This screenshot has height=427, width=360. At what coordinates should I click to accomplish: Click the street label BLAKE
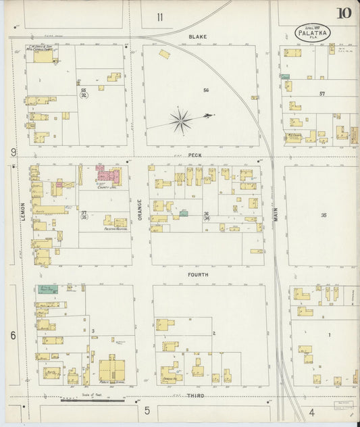pos(198,36)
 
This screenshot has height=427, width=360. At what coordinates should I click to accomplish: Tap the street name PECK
pos(195,155)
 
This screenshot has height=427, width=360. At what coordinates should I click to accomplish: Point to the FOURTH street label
pos(198,275)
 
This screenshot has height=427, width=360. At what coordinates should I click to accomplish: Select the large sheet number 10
pos(344,13)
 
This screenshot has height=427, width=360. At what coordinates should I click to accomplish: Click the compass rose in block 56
pos(181,122)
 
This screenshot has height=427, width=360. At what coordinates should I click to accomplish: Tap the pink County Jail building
pos(108,176)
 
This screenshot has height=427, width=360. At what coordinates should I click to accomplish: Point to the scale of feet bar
pos(93,401)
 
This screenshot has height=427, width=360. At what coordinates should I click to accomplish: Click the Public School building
pos(112,370)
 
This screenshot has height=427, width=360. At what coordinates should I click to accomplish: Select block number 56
pos(206,90)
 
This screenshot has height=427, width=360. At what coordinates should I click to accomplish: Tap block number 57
pos(322,94)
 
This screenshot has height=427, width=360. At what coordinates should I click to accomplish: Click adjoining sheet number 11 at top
pos(160,16)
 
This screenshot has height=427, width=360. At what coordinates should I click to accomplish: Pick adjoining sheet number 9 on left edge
pos(13,153)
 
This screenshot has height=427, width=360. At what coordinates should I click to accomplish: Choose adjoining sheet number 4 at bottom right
pos(311,411)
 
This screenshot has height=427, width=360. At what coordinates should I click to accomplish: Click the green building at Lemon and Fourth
pos(48,289)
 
